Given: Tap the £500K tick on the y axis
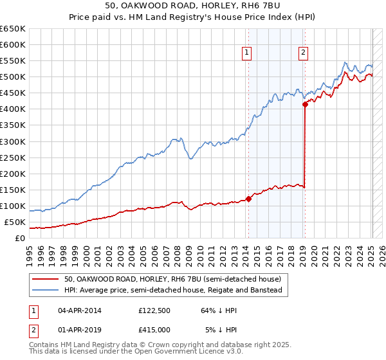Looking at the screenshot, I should coord(13,77).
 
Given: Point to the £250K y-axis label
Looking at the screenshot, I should coord(13,157).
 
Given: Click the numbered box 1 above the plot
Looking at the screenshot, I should coord(248,53).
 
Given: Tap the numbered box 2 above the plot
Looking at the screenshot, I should coord(303,53).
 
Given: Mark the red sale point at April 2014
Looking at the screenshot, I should coord(249,199).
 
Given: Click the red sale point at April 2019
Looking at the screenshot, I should coord(305,104).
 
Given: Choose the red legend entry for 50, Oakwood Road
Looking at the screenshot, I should coord(172,280).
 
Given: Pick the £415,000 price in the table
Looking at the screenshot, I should coord(154,330).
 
